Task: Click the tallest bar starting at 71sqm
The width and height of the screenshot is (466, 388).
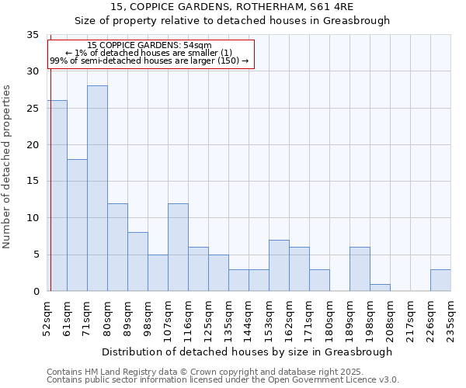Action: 97,189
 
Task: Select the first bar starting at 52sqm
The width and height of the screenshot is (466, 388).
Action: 57,196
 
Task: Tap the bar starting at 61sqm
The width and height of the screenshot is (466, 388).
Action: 77,225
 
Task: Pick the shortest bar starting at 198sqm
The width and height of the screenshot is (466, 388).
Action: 380,287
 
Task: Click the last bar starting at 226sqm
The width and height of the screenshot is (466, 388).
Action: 440,280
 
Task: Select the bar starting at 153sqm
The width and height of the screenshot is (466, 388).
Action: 279,265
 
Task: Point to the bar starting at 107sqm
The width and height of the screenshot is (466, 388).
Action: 178,248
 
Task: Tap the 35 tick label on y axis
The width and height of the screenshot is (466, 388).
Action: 33,35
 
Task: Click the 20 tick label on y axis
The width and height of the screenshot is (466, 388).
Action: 33,145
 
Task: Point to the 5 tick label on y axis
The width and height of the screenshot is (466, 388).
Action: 35,255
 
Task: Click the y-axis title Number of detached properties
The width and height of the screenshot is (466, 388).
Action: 8,167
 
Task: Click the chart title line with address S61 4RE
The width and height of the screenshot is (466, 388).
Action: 232,6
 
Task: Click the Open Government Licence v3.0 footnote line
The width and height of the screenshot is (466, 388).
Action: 223,379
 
